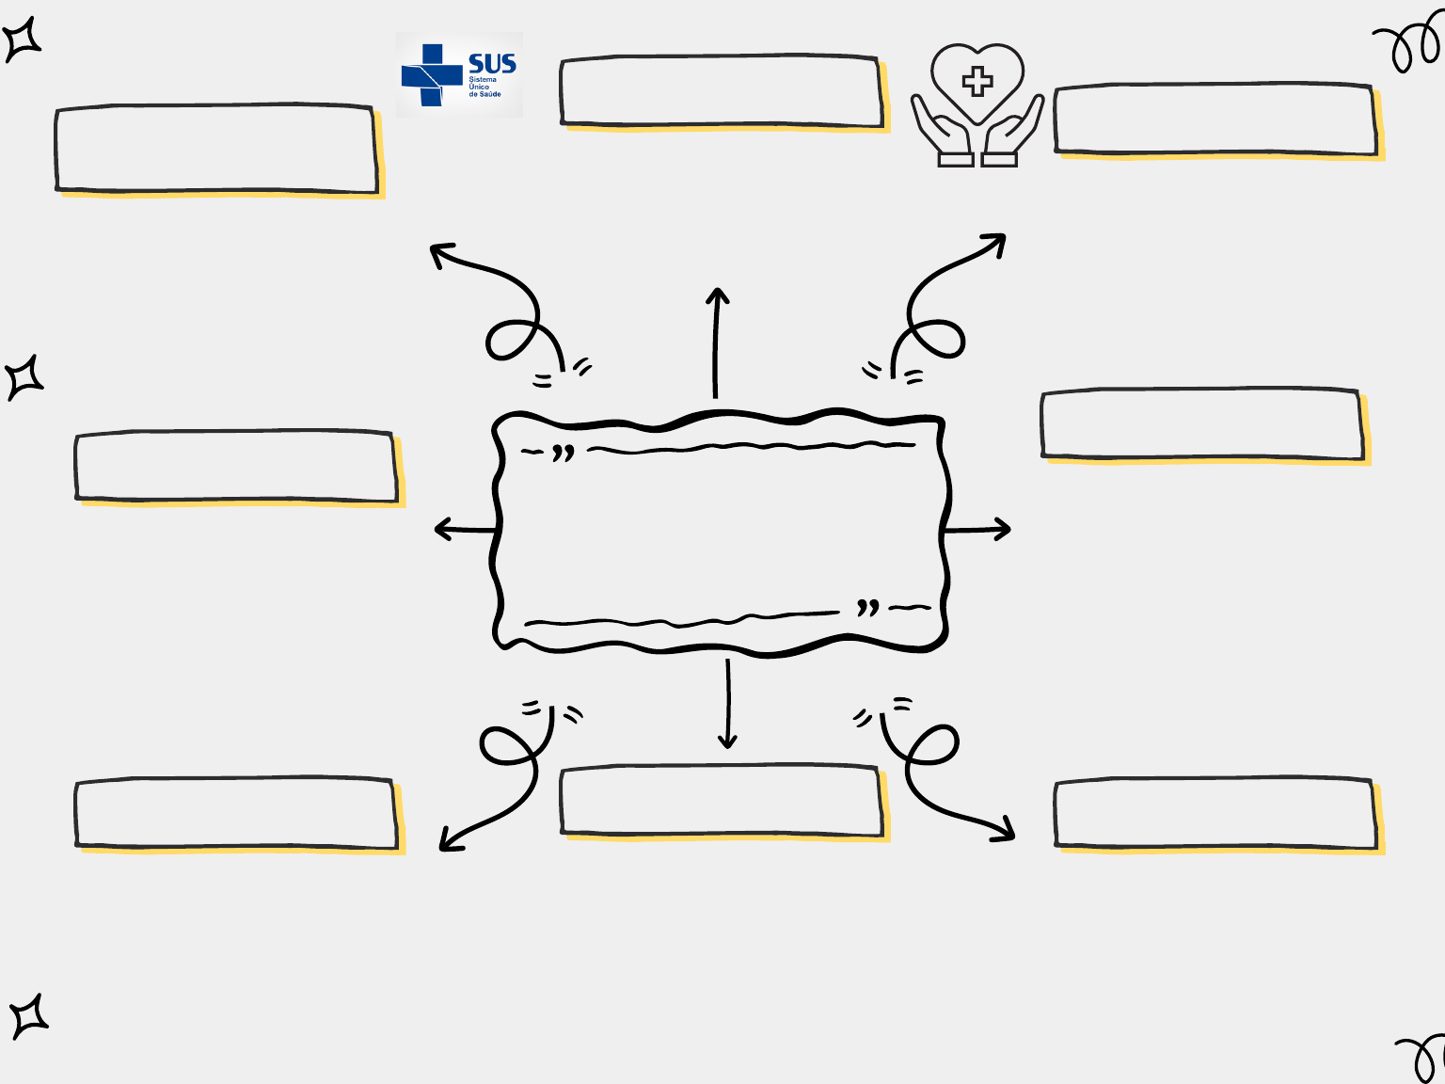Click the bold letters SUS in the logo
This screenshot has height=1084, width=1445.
click(x=492, y=64)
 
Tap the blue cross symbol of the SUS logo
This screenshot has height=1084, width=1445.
click(x=431, y=75)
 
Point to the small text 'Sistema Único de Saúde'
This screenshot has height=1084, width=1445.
click(x=484, y=88)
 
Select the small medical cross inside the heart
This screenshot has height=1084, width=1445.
click(x=977, y=82)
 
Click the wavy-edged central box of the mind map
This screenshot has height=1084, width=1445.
click(x=720, y=532)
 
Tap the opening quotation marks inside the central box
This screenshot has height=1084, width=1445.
click(x=563, y=454)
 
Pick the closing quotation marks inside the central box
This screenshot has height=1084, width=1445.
click(x=867, y=608)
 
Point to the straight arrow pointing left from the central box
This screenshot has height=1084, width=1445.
click(x=465, y=530)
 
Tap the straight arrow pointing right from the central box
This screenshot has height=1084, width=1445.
click(x=977, y=530)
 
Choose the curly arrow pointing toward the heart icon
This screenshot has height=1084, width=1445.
click(x=941, y=301)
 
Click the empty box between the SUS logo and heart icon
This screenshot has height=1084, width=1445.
click(x=722, y=91)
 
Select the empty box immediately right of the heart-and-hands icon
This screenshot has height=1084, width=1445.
click(x=1215, y=120)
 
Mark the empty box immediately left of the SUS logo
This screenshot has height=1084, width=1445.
click(x=216, y=149)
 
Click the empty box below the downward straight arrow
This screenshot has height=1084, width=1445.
click(x=722, y=801)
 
